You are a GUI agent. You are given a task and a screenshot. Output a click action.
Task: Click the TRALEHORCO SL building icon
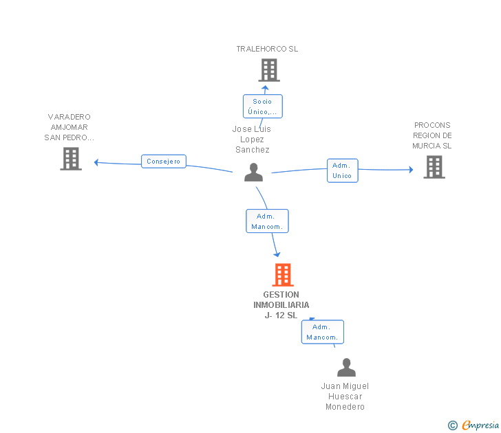coord(268,70)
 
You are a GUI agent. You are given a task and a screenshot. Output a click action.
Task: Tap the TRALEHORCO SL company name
coord(267,49)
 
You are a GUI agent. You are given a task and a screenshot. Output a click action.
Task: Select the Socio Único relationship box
coord(262,107)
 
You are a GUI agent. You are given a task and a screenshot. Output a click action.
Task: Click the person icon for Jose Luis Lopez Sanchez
coord(254,173)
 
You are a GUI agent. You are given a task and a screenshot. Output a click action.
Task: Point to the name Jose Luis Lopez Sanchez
coord(252,140)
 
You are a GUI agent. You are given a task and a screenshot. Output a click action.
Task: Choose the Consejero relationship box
coord(163,162)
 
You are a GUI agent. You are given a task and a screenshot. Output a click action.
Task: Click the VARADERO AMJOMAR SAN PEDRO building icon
coord(71,159)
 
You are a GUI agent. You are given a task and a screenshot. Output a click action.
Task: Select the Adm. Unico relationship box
coord(342,170)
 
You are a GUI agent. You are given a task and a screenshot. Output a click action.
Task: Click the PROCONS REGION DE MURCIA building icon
coord(434,167)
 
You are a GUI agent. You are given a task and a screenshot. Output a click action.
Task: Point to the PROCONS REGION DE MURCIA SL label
coord(432,135)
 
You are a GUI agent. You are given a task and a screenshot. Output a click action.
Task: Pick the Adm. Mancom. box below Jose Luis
coord(267,221)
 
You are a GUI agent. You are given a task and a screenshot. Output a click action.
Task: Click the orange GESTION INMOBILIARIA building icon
coord(283,275)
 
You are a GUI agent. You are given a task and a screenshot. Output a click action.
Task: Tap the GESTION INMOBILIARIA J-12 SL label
coord(281,305)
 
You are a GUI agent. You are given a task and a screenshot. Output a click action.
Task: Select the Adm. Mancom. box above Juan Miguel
coord(322,332)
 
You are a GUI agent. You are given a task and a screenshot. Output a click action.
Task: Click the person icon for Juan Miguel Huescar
coord(346,368)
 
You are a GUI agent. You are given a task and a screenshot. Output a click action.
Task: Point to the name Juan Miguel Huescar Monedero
coord(345,397)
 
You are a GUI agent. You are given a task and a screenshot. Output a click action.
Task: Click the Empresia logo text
coord(480,425)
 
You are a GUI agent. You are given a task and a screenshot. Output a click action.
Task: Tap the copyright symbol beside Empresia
coord(452,425)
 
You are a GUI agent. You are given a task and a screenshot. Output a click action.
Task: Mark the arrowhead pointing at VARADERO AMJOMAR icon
coord(97,162)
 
